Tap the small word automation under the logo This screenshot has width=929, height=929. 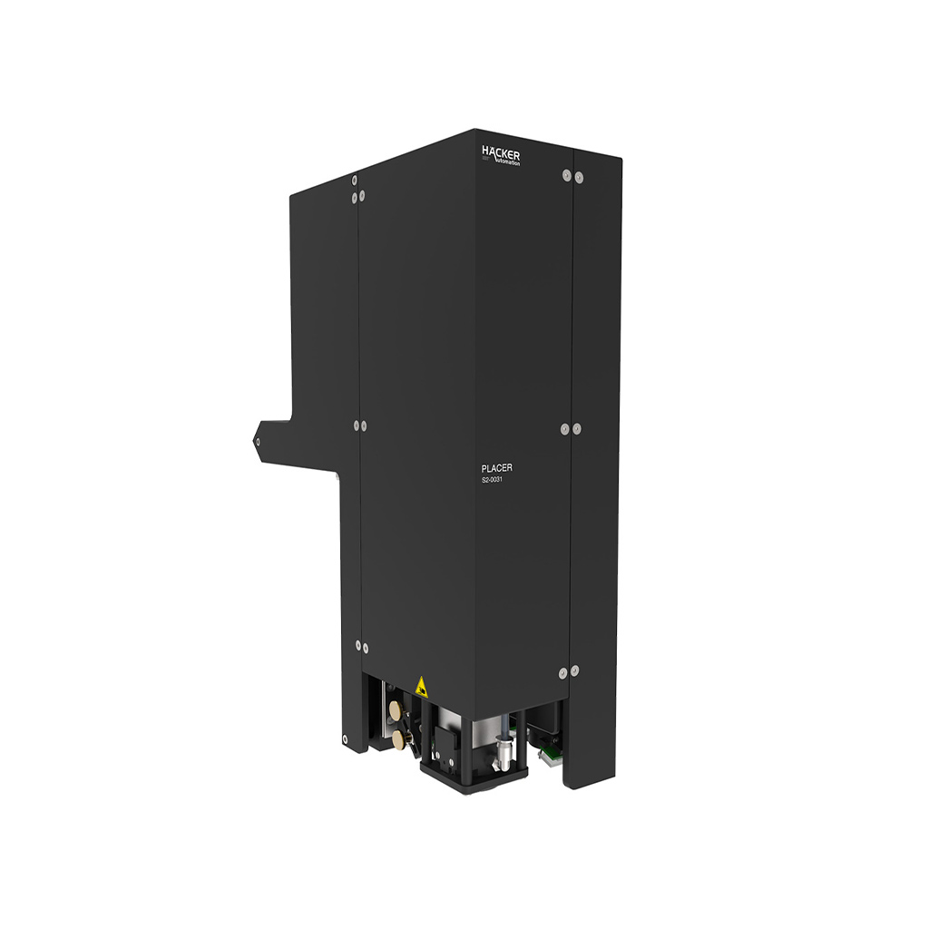pyautogui.click(x=505, y=163)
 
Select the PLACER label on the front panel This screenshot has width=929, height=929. pyautogui.click(x=496, y=468)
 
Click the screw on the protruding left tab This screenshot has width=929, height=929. pyautogui.click(x=258, y=443)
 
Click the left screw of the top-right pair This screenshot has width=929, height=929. pyautogui.click(x=566, y=177)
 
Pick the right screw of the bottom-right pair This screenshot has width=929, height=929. pyautogui.click(x=574, y=670)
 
